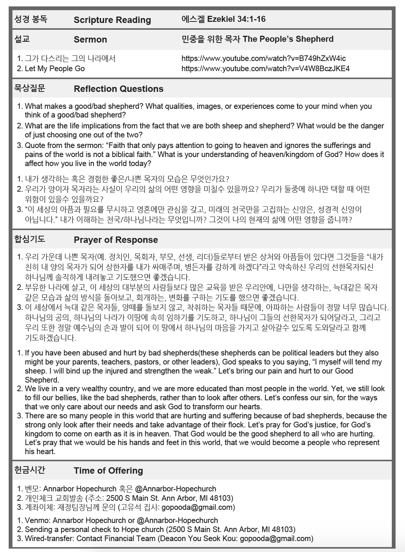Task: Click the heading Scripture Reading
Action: (x=112, y=20)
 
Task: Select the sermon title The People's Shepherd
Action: (x=288, y=39)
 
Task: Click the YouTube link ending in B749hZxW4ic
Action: (x=263, y=58)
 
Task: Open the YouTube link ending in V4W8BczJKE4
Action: (x=265, y=69)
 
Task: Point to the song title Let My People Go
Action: (x=55, y=69)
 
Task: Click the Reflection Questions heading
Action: (x=118, y=89)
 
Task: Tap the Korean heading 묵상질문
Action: (x=29, y=88)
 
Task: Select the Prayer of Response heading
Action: (x=116, y=240)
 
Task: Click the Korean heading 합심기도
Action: (x=29, y=239)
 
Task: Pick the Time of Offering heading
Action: (x=108, y=471)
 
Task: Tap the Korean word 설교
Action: (x=22, y=39)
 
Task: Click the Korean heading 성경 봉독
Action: (x=31, y=19)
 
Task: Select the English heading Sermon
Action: (x=90, y=40)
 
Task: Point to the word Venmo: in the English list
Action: (x=37, y=520)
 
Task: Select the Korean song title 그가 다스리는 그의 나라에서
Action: (x=70, y=58)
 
